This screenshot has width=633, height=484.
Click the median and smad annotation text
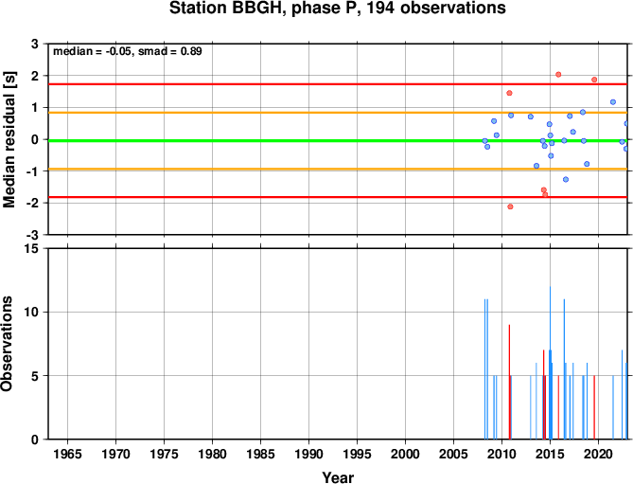tap(128, 51)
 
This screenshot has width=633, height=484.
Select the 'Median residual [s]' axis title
tap(9, 139)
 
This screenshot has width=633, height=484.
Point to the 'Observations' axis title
tap(7, 344)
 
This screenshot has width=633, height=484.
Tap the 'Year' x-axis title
tap(338, 477)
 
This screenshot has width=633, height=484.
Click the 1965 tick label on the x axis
tap(67, 454)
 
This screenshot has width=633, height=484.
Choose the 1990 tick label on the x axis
tap(308, 454)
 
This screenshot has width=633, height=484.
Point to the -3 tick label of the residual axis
tap(34, 235)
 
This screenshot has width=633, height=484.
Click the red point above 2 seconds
tap(558, 74)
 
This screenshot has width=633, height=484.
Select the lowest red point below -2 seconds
tap(510, 206)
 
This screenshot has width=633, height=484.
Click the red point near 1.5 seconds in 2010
tap(509, 93)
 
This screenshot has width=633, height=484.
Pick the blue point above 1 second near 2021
tap(613, 102)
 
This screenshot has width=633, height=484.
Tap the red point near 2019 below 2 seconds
tap(594, 80)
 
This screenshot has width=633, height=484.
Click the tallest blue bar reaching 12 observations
tap(550, 363)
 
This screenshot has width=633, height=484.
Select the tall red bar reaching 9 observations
tap(509, 382)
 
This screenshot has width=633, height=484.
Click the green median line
tap(338, 140)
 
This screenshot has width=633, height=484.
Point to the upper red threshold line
tap(338, 84)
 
